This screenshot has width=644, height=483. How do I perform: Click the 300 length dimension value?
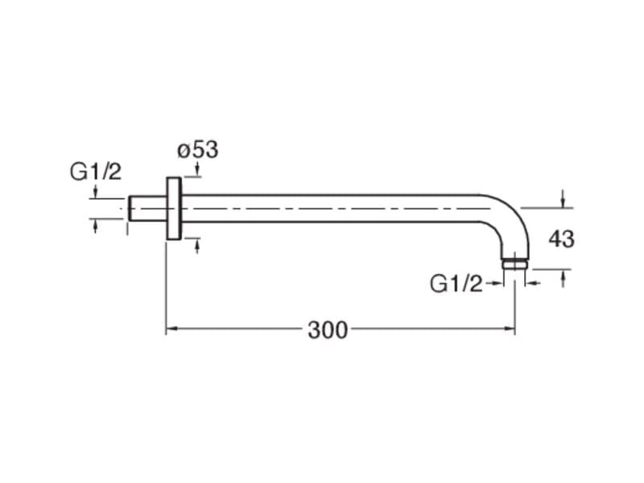[x=328, y=330]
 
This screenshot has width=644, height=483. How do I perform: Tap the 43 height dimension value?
[x=561, y=238]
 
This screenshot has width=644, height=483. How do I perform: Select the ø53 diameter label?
[x=197, y=150]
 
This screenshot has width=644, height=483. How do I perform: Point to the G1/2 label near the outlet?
[x=456, y=283]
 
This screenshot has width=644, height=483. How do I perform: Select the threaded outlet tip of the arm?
[x=515, y=262]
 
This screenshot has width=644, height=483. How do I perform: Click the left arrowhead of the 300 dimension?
[x=171, y=329]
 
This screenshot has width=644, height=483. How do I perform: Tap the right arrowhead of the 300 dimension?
[x=510, y=329]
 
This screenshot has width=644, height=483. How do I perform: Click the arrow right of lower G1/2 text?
[x=497, y=283]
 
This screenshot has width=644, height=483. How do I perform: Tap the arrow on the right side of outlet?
[x=531, y=283]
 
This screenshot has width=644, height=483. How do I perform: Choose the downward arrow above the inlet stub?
[x=96, y=192]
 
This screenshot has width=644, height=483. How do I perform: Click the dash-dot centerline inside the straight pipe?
[x=322, y=208]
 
